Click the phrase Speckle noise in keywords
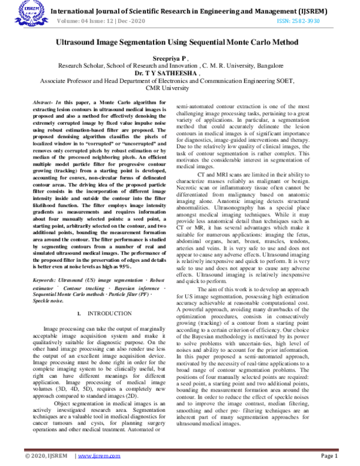pyautogui.click(x=46, y=301)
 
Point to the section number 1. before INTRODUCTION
pyautogui.click(x=80, y=313)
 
